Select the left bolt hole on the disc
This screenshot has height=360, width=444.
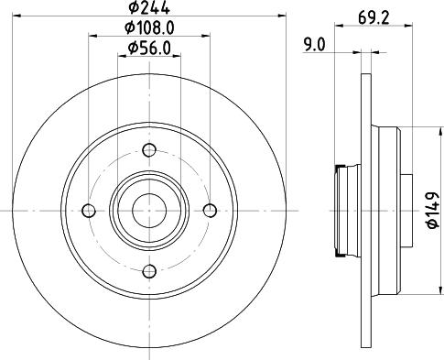pos(89,211)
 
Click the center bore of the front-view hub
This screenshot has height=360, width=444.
pos(149,211)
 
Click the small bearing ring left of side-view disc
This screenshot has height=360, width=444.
pos(343,211)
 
